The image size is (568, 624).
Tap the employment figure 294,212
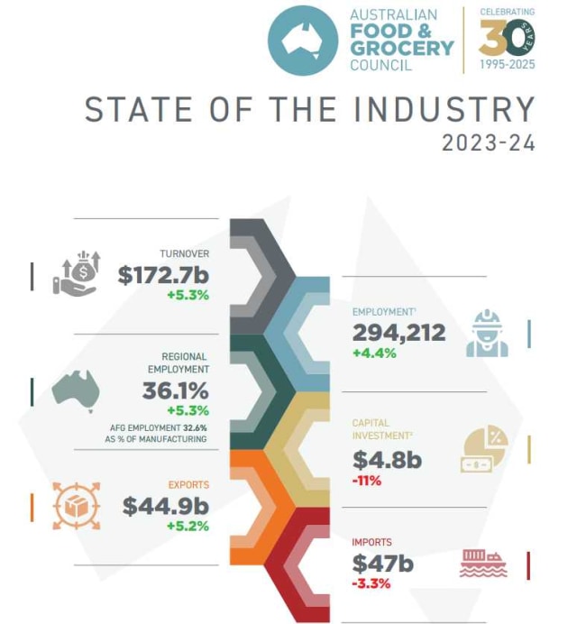[399, 333]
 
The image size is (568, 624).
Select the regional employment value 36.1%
[175, 391]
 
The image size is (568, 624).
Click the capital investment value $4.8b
[387, 460]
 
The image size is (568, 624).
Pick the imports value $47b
[382, 564]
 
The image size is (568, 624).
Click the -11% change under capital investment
[367, 481]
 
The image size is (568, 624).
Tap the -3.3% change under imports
[371, 583]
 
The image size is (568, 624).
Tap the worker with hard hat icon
[488, 334]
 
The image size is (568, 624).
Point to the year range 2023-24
[489, 142]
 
